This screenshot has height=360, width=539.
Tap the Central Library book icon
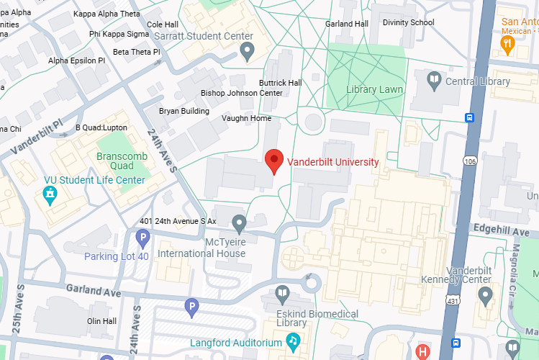[x=434, y=81]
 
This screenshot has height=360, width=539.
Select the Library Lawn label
[x=374, y=90]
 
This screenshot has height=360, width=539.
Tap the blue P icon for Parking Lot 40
[x=142, y=237]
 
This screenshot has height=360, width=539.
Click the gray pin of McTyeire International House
[x=239, y=222]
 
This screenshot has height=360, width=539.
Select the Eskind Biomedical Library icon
[x=283, y=293]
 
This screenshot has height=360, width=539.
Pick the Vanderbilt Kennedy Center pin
[x=486, y=294]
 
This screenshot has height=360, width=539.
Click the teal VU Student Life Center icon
[x=50, y=194]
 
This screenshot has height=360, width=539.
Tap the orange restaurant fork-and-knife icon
[x=509, y=44]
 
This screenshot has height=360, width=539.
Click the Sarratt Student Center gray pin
[x=247, y=51]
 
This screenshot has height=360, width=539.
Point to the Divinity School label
[x=409, y=22]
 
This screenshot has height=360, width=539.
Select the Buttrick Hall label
[x=280, y=83]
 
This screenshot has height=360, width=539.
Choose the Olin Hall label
[x=101, y=321]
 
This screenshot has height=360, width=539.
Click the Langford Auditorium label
[x=236, y=343]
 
